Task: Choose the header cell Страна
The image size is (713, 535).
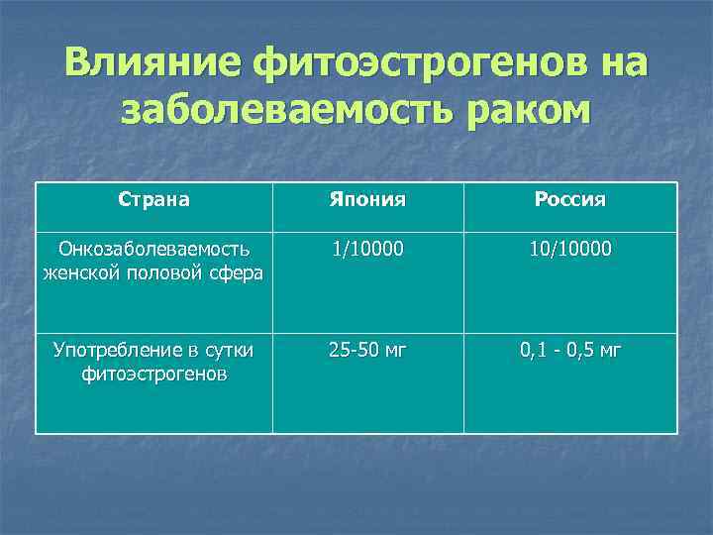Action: point(153,199)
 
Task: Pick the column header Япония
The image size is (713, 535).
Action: point(367,200)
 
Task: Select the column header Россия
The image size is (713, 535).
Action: point(569,200)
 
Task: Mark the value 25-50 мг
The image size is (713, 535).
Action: point(367,350)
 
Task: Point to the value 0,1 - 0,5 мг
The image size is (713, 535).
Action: point(569,350)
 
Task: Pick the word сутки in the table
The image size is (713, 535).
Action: point(226,350)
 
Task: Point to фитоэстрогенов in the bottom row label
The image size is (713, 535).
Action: point(153,374)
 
